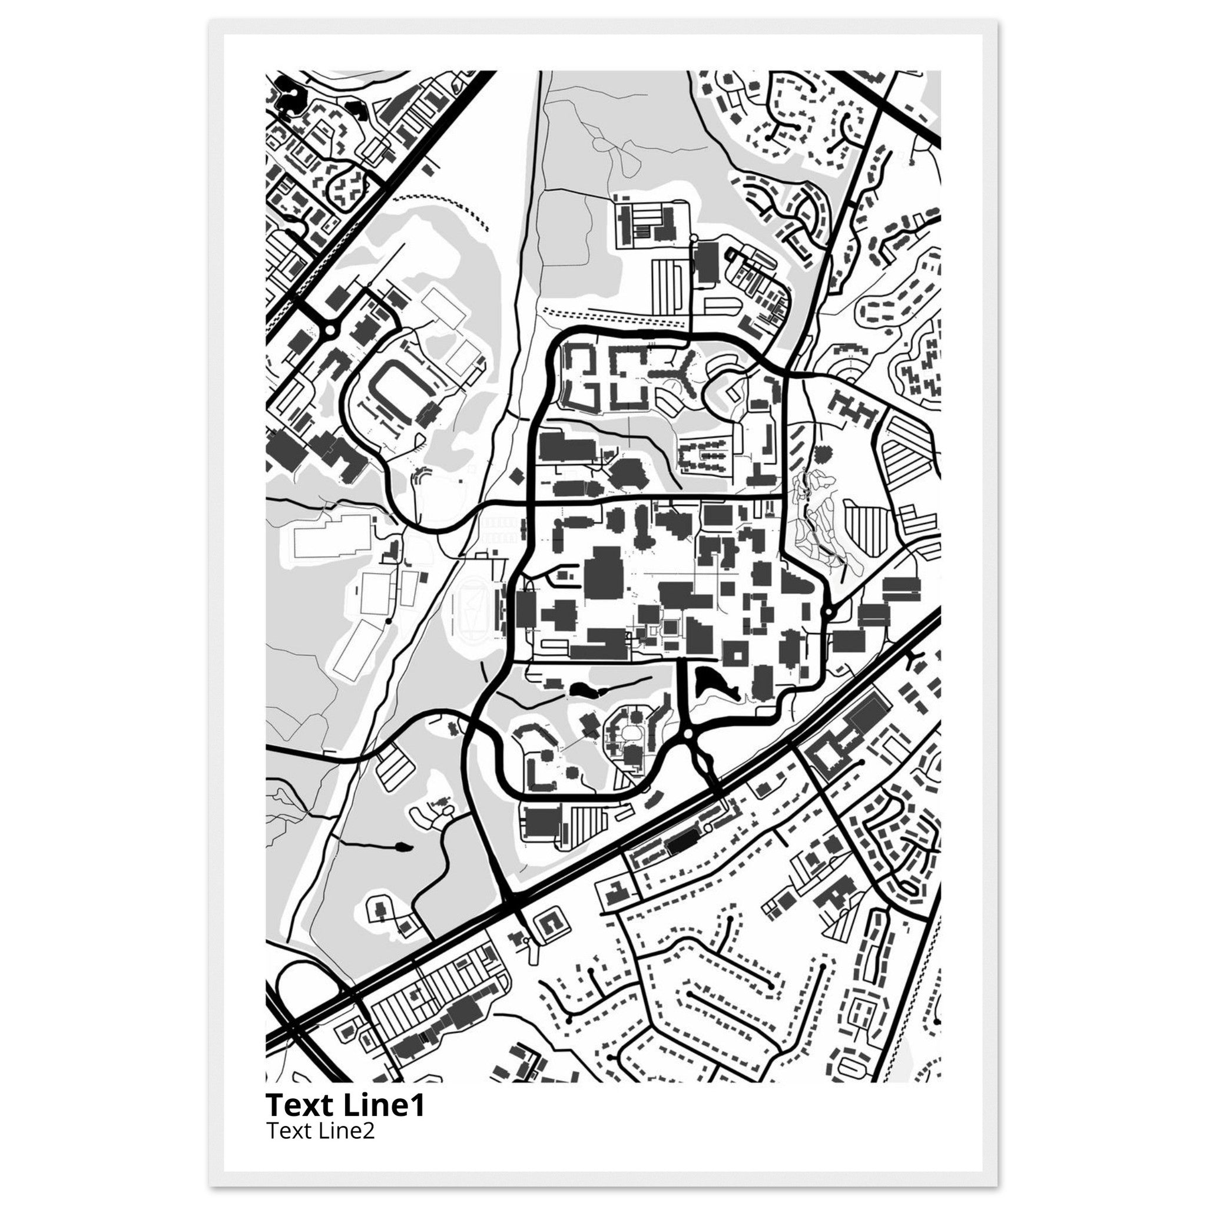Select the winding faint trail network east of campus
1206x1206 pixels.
818,524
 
